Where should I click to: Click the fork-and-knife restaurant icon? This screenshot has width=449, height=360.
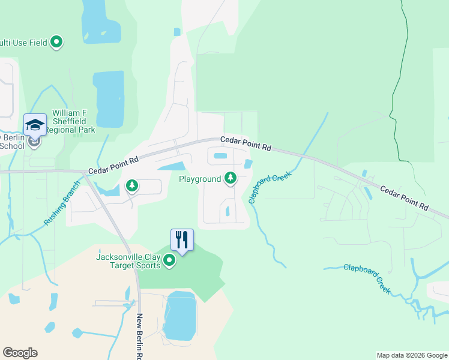point(182,239)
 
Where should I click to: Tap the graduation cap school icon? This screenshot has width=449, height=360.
point(35,125)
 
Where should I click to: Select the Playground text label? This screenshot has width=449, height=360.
point(200,179)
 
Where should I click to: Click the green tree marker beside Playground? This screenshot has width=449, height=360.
point(230,178)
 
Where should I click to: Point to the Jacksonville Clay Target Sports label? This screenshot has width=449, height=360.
point(128,261)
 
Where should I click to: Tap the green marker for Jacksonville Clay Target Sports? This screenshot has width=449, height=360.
point(169,261)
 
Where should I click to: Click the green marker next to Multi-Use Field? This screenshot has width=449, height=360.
point(57,42)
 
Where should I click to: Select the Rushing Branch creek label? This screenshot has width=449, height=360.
point(61,203)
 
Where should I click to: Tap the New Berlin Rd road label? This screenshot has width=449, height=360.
point(140,336)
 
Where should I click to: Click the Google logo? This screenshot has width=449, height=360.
point(20,353)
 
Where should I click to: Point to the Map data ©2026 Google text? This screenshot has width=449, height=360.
point(411,355)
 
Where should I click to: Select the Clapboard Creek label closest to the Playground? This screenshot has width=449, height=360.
point(270,187)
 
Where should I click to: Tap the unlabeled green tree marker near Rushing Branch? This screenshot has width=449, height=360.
point(131,186)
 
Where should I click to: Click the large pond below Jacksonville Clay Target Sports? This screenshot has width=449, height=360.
point(179,316)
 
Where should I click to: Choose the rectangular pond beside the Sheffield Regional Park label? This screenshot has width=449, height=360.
point(109,99)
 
